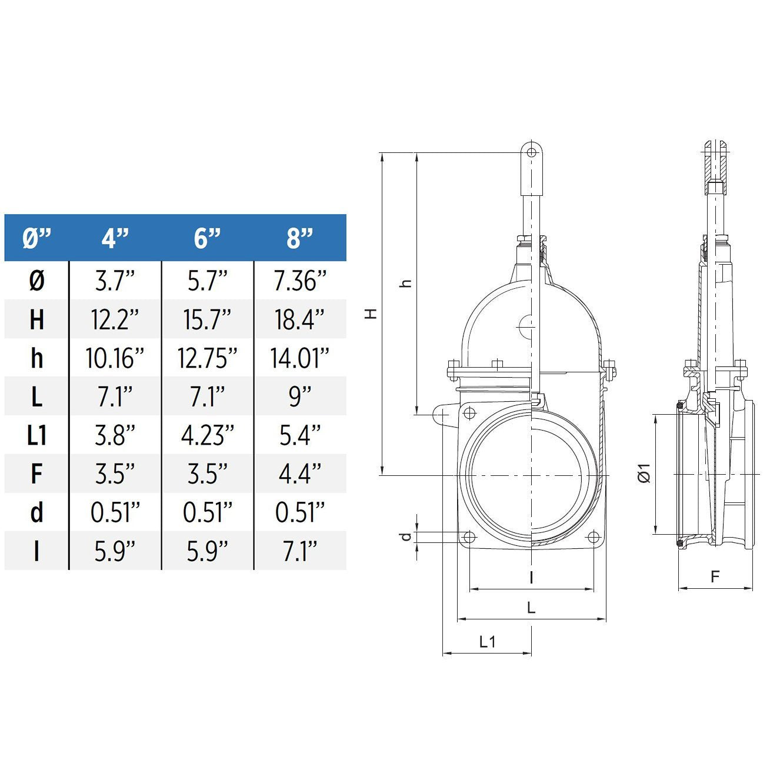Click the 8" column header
click(299, 238)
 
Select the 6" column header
click(207, 238)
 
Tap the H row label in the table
click(36, 319)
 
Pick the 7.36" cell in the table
click(299, 281)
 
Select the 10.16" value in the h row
click(115, 358)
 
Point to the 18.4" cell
click(299, 319)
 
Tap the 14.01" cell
click(299, 358)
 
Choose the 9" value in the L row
click(299, 397)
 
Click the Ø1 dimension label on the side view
click(645, 474)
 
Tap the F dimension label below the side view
click(715, 577)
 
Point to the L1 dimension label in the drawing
click(488, 642)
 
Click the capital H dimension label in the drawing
click(371, 314)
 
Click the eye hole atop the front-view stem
click(532, 152)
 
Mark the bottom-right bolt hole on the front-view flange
click(594, 537)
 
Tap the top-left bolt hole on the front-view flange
click(469, 413)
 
